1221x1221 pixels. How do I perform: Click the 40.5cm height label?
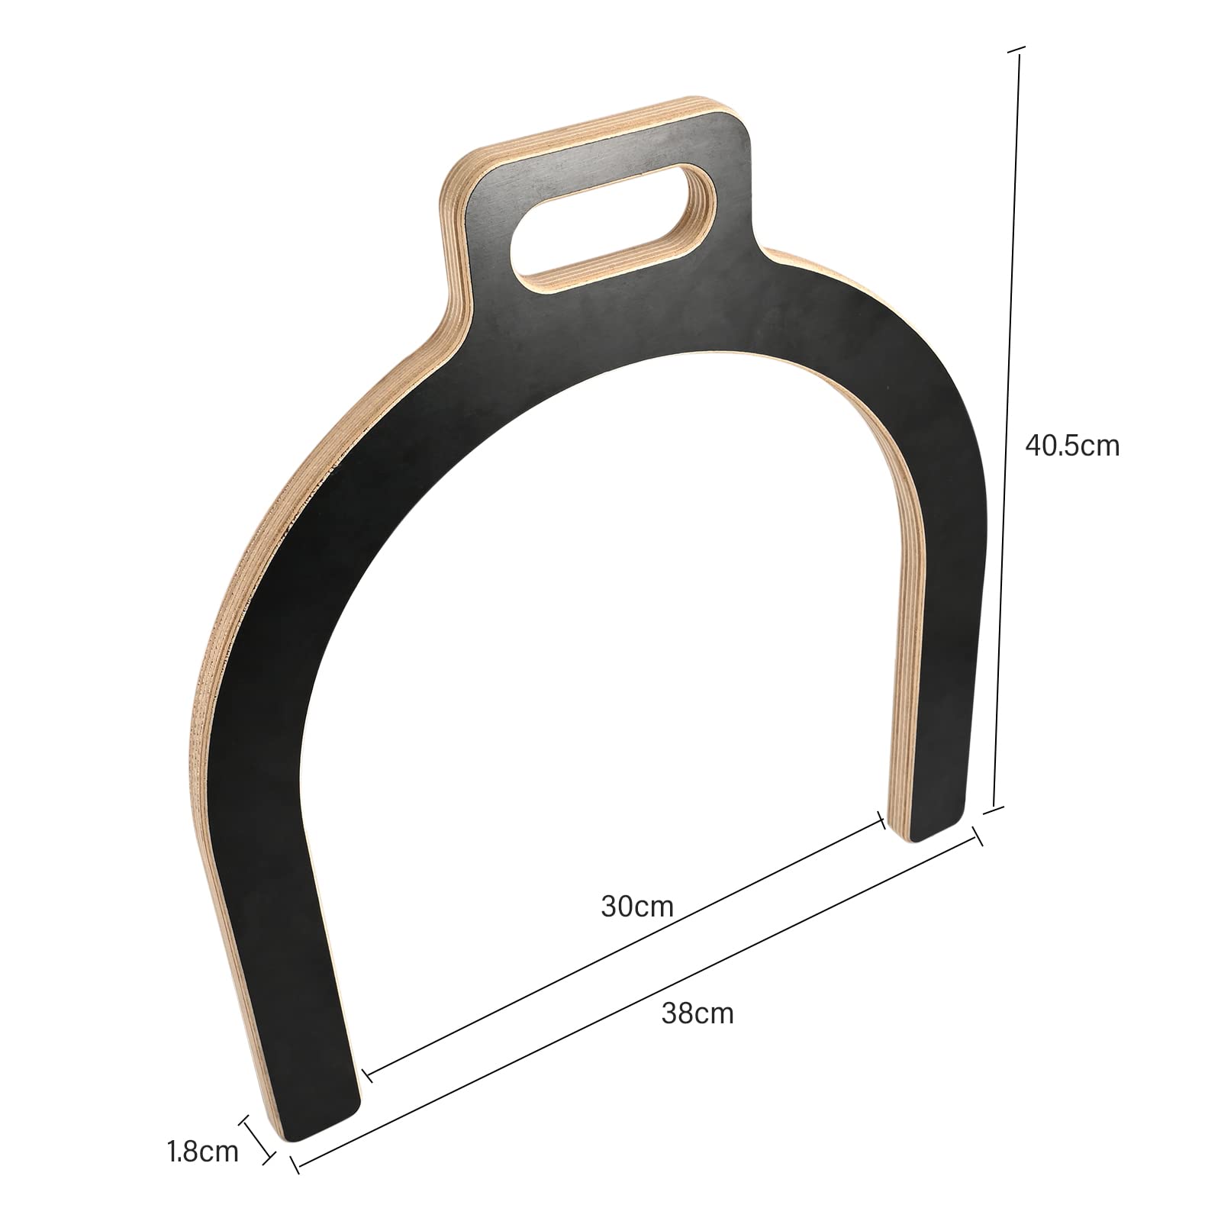(1072, 446)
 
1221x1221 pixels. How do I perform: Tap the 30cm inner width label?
(637, 907)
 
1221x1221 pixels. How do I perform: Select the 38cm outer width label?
(697, 1013)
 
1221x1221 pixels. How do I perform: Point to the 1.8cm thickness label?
(203, 1152)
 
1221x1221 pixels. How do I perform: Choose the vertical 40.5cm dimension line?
(1006, 427)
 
